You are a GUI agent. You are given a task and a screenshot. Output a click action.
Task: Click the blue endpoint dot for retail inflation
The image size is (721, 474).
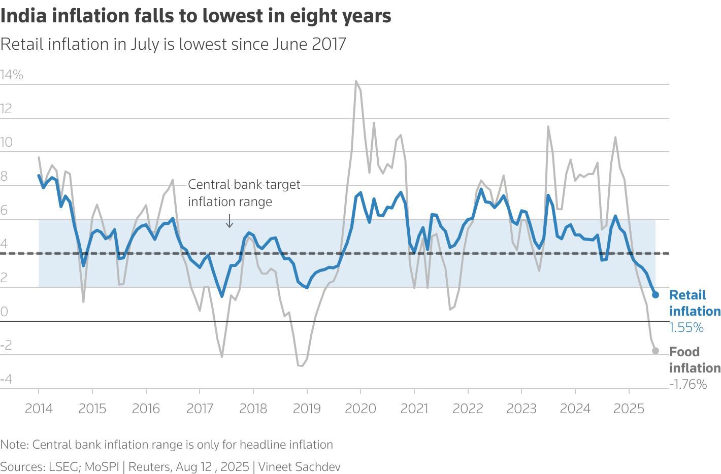coord(655,295)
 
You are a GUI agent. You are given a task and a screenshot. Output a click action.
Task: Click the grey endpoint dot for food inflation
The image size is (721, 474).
coord(655,351)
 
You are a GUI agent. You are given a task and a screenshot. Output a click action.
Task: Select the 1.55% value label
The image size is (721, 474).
coord(686,328)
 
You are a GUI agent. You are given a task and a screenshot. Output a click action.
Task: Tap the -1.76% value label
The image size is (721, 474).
coord(687,384)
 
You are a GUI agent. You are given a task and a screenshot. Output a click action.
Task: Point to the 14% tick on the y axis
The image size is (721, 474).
coord(12,75)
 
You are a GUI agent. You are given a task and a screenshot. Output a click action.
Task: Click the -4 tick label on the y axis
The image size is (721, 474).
coord(6,379)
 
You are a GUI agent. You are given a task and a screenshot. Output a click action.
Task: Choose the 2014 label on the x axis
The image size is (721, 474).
coord(39,409)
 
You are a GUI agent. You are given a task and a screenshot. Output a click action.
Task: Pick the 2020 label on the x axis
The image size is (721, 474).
coord(360,409)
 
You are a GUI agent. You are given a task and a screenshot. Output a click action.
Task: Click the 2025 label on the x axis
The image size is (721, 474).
coord(629,409)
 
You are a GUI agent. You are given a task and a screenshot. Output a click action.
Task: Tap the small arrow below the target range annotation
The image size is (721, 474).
coord(230,221)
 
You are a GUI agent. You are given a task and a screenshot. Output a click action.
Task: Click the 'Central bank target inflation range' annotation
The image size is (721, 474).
coord(244,193)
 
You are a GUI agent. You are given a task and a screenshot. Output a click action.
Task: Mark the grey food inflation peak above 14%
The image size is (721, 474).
coord(356,81)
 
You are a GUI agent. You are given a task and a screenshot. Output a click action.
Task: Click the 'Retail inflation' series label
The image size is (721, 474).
coord(694,303)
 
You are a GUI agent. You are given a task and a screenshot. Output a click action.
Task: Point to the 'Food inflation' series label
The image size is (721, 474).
coord(694,360)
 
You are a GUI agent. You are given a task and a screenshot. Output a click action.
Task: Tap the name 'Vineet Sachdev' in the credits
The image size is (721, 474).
coord(299,467)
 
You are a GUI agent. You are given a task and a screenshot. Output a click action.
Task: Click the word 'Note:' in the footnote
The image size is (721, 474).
coord(14,445)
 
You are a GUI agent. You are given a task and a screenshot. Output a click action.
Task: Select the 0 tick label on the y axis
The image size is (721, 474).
coord(4,312)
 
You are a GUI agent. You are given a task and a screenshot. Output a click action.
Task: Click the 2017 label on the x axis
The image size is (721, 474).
coord(200,409)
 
